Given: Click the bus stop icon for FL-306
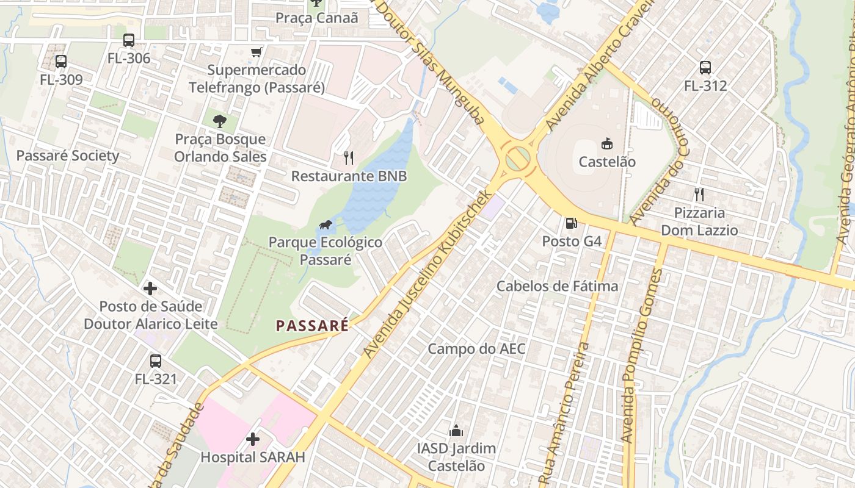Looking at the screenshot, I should [x=129, y=40].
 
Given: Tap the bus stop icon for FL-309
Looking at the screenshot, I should [x=61, y=61].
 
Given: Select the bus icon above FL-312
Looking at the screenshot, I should [x=705, y=67].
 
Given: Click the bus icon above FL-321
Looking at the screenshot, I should [x=156, y=361].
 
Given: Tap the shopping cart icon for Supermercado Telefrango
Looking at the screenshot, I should [x=256, y=52].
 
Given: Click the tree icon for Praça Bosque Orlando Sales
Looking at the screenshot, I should [x=220, y=121].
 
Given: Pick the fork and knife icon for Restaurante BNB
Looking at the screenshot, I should [x=349, y=158].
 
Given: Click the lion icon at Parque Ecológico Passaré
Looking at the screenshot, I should [x=326, y=225].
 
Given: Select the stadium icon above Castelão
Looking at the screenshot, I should [x=607, y=143].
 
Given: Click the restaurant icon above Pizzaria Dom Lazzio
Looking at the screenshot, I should [x=699, y=195].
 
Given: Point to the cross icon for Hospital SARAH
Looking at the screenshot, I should [x=252, y=439].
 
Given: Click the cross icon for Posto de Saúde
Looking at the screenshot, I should [x=150, y=288].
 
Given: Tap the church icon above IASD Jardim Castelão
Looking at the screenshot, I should [x=456, y=431].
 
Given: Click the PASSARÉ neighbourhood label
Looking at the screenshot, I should [x=312, y=326].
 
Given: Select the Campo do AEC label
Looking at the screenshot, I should [x=476, y=349].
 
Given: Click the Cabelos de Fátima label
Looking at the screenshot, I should [x=557, y=285].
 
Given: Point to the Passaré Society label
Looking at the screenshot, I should [x=67, y=156].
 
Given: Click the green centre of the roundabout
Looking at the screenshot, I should [x=517, y=159].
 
